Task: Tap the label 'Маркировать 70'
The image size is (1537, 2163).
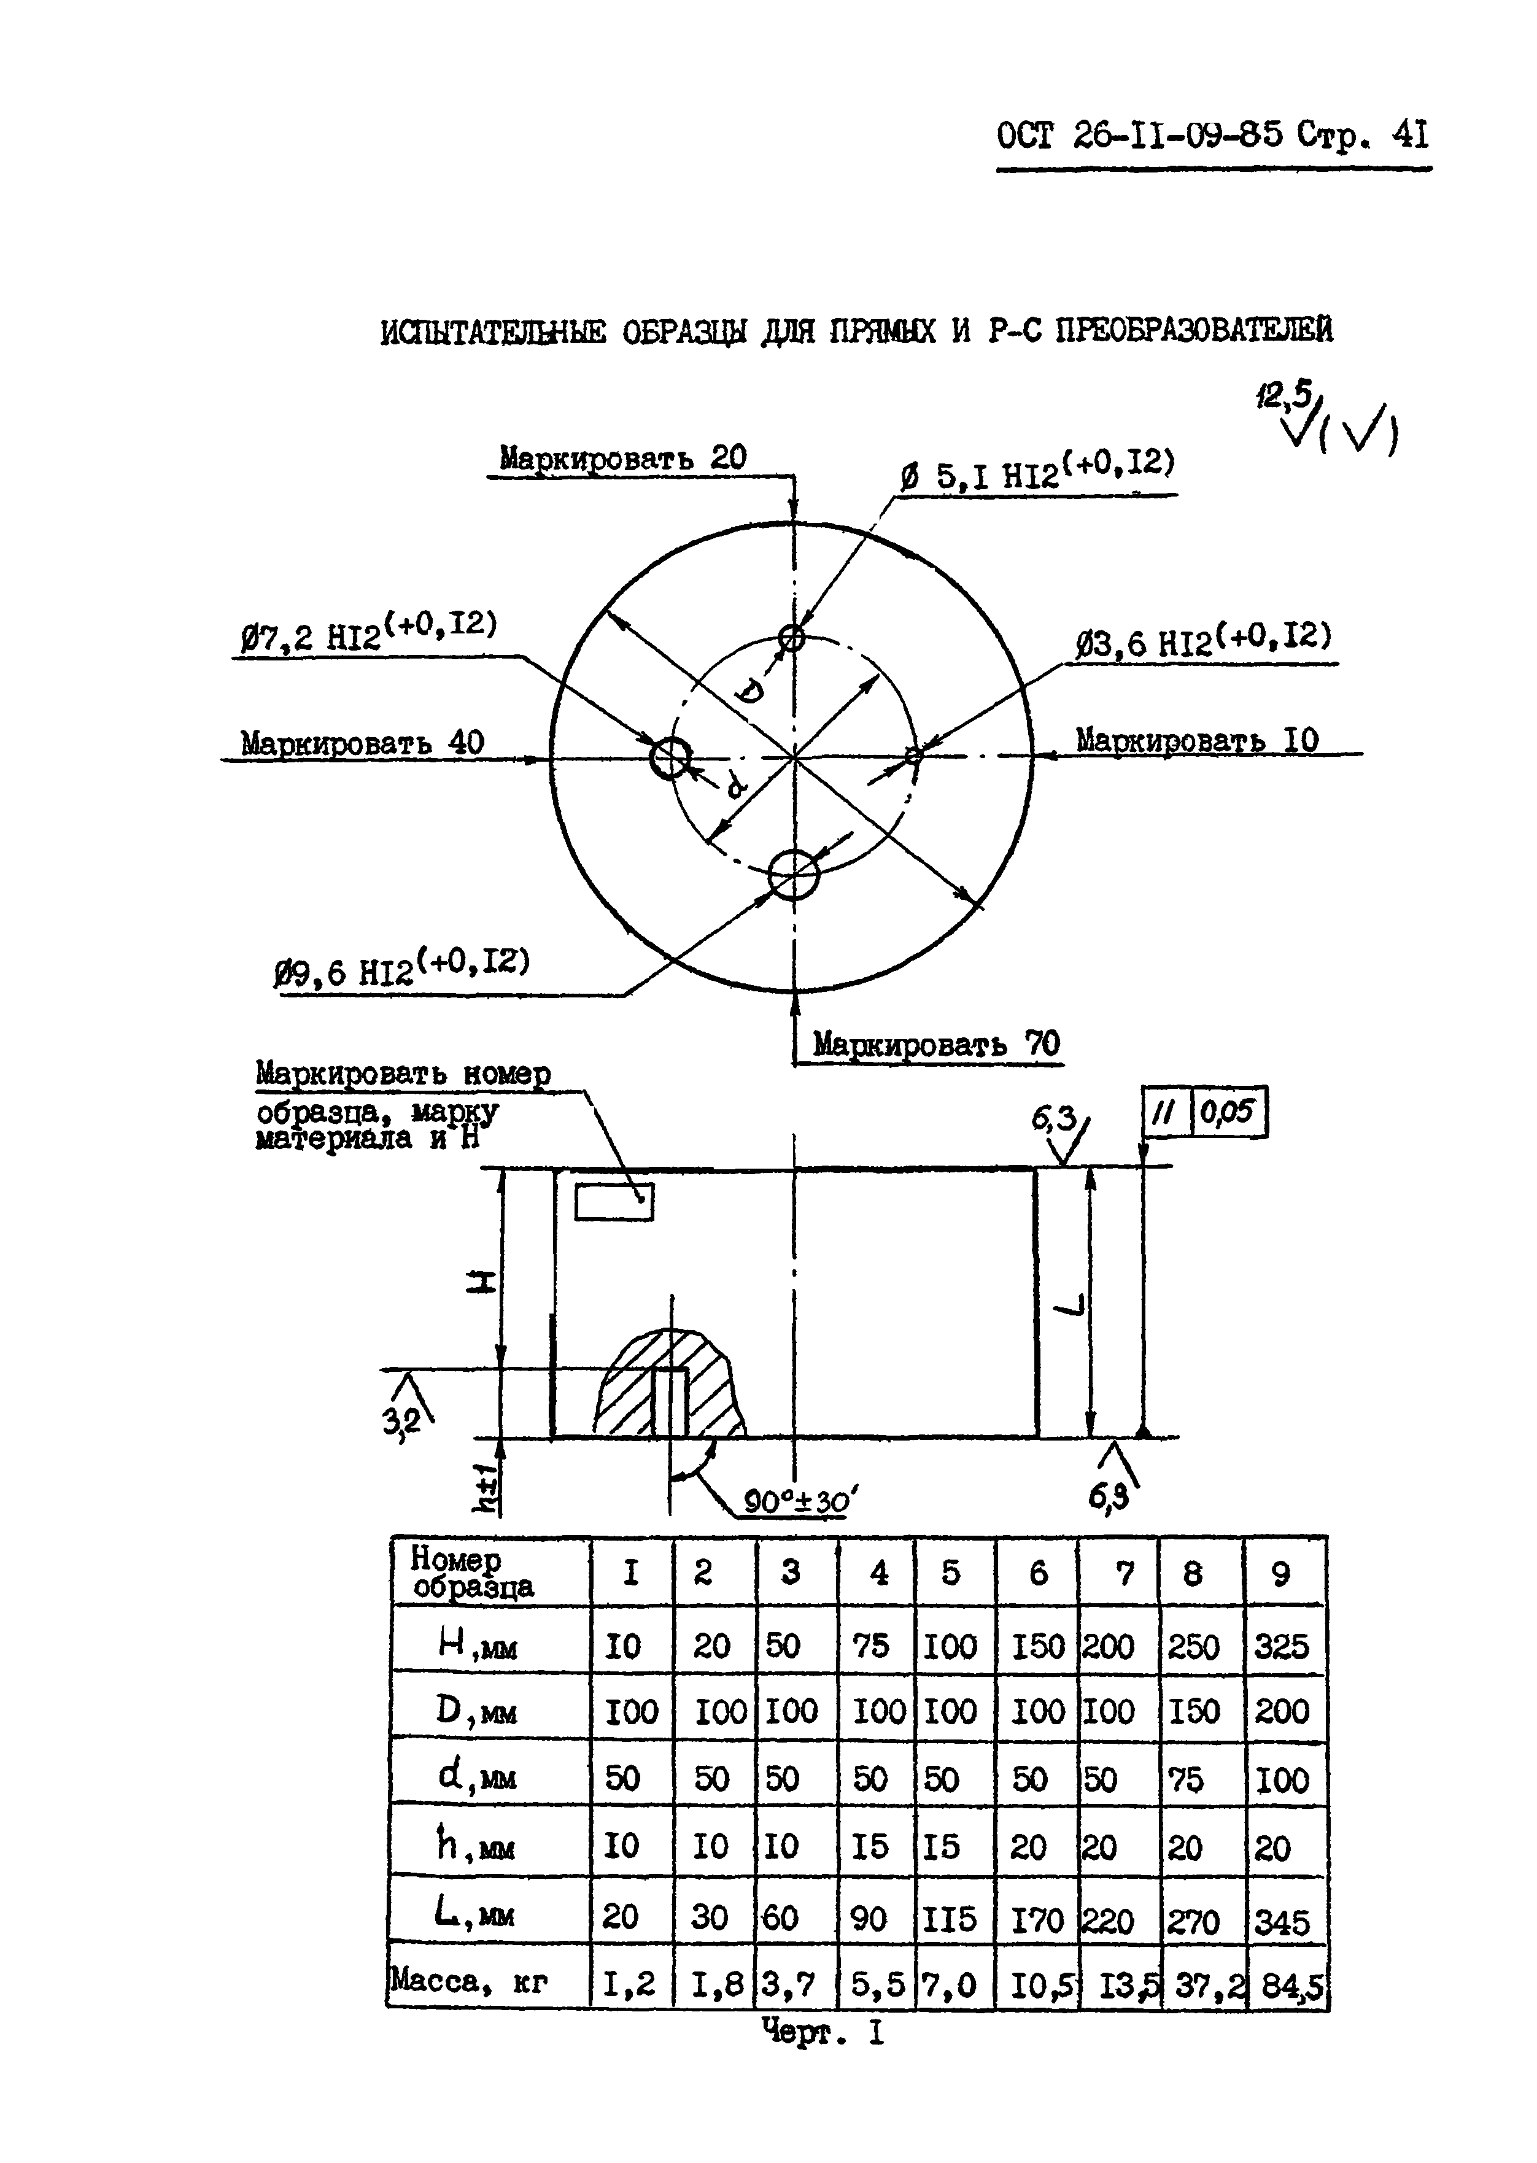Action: [x=936, y=1043]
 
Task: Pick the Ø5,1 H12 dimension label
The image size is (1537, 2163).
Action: [x=1037, y=470]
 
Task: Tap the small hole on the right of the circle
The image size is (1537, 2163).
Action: [x=913, y=755]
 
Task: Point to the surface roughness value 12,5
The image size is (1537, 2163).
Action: [x=1283, y=393]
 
